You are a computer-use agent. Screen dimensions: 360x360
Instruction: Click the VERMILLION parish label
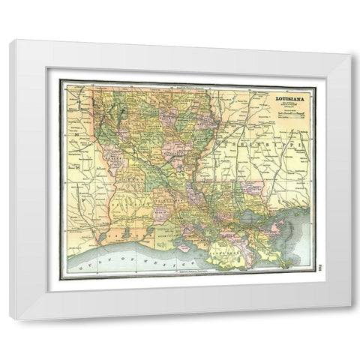click(x=174, y=235)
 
